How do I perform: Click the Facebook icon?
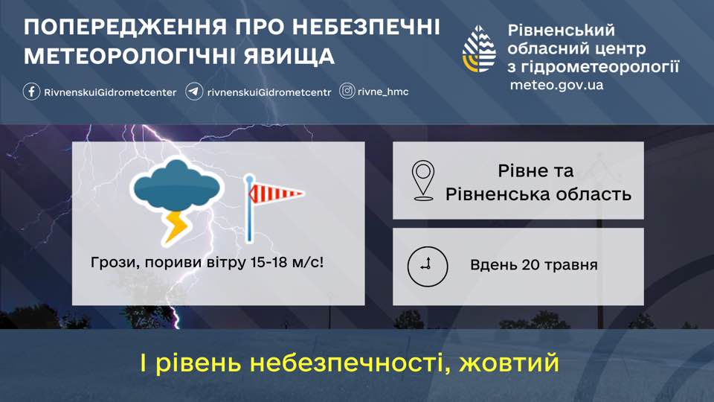point(31,92)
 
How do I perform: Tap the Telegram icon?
point(194,92)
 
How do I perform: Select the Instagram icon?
point(347,91)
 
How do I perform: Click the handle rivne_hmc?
point(383,92)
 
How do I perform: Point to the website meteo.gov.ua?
point(556,85)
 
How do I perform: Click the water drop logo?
point(479,49)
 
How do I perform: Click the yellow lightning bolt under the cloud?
point(177,226)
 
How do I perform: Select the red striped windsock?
point(275,194)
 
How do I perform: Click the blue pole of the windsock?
point(249,209)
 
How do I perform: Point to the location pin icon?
point(423,180)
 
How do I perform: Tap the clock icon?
point(427,267)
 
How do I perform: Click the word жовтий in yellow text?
point(509,363)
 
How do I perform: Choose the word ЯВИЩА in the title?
point(289,57)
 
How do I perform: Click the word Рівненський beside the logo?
point(562,31)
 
